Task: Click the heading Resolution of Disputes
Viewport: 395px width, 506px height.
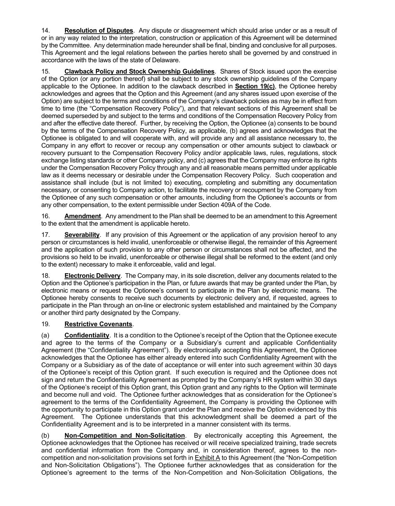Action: pos(98,30)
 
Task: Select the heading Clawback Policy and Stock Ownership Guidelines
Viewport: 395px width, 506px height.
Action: pos(139,71)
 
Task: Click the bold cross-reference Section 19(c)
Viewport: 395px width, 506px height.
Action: pos(255,86)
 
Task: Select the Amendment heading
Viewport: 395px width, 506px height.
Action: pos(82,216)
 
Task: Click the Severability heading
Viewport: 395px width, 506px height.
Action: pos(82,235)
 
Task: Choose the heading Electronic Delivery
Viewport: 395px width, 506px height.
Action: pos(92,276)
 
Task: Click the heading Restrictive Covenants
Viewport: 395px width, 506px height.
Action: pos(98,324)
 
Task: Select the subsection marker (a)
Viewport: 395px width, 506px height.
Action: pos(45,335)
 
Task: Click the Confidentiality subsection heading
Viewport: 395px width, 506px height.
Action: pos(86,335)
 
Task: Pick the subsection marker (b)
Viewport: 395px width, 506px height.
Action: pos(45,436)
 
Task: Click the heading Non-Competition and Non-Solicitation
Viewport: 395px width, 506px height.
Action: pos(124,436)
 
